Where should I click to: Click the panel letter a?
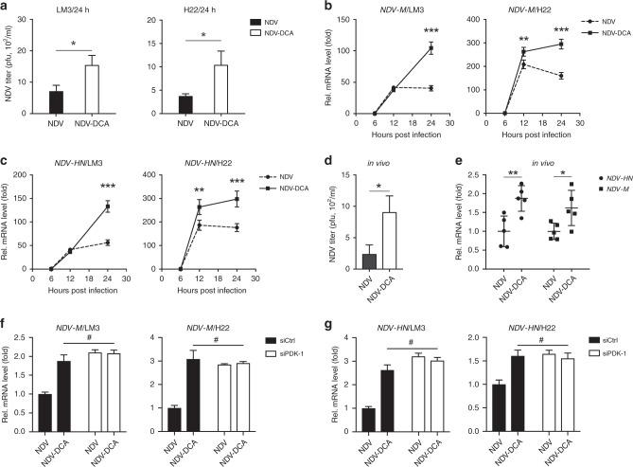[6, 8]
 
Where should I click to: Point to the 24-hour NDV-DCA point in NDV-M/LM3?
[431, 48]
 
